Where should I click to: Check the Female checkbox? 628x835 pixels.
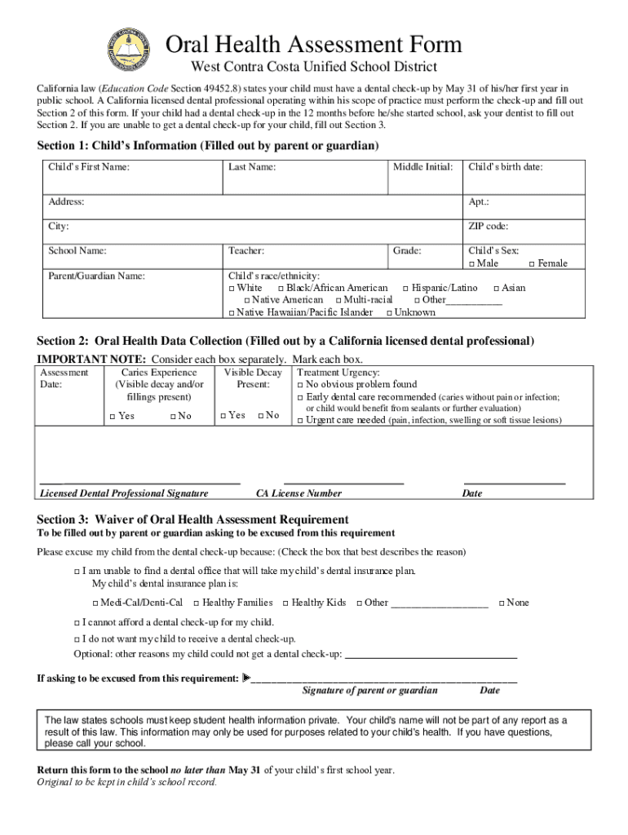coord(532,264)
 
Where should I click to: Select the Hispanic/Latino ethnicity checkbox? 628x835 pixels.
coord(405,289)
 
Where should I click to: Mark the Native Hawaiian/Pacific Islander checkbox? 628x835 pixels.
coord(231,313)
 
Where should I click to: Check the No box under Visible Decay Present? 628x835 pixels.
coord(260,416)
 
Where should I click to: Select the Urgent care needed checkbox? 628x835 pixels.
coord(299,421)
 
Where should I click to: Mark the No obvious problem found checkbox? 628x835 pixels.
coord(299,385)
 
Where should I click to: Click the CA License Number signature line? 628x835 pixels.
coord(343,484)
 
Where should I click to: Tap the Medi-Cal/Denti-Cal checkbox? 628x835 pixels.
coord(94,603)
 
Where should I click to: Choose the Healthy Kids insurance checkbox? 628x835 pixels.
coord(285,603)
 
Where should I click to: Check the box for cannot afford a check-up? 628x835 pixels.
coord(76,622)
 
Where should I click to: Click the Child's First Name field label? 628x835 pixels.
coord(89,167)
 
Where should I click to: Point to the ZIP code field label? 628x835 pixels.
coord(488,227)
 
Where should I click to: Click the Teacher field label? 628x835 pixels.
coord(246,252)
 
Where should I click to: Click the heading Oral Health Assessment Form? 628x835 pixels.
coord(314,44)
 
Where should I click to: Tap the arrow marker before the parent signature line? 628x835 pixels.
coord(246,678)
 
